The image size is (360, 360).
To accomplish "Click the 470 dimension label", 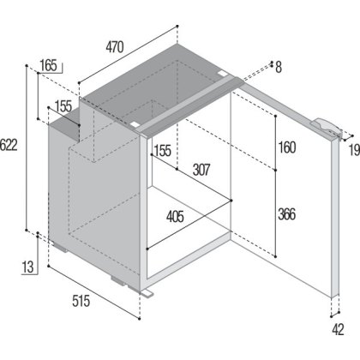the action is tap(115, 47).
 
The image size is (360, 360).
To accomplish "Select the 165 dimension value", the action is tap(48, 65).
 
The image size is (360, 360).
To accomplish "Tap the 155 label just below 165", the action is tap(63, 106).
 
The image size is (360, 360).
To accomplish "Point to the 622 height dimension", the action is tap(9, 145).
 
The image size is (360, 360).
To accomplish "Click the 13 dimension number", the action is tap(28, 267).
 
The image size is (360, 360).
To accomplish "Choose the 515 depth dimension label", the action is tap(81, 301).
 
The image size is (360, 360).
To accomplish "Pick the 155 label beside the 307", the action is tap(163, 150).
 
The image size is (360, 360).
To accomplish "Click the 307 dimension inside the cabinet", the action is tap(201, 170).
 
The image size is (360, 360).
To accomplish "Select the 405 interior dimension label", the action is tap(175, 217).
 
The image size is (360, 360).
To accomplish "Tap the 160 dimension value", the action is tap(287, 147).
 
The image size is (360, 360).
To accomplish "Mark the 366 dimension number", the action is tap(287, 214).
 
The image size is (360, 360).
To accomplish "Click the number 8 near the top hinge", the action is tap(279, 68).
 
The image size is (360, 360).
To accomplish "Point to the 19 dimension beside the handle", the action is tap(354, 150).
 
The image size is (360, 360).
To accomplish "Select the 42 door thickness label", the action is tap(338, 330).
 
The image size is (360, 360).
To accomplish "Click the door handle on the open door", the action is tap(327, 128).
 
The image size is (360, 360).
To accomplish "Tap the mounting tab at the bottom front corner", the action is tap(147, 293).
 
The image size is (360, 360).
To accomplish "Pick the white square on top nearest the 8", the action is tap(222, 74).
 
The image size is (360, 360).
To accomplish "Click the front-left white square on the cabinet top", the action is tap(134, 125).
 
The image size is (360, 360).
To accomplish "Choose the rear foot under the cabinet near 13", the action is tap(61, 247).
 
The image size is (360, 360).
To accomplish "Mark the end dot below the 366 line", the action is tap(276, 256).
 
